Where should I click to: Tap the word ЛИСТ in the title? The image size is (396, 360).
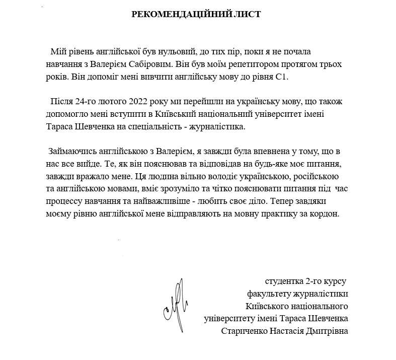[248, 14]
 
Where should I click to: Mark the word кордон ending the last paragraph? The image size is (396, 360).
[328, 213]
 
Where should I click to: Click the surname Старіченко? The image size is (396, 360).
[245, 331]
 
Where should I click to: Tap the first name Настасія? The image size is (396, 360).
[287, 331]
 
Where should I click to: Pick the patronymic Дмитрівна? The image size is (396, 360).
[328, 331]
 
